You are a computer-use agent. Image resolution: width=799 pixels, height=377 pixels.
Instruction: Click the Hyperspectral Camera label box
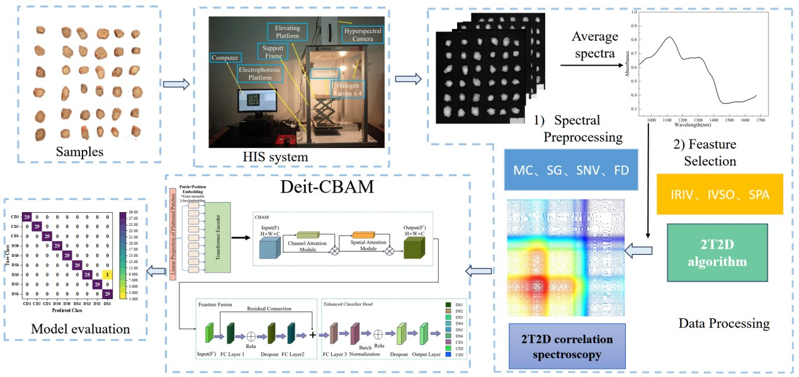362,34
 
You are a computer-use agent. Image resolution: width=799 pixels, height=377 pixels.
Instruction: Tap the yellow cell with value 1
108,274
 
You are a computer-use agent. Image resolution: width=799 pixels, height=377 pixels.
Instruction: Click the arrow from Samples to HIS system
176,84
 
